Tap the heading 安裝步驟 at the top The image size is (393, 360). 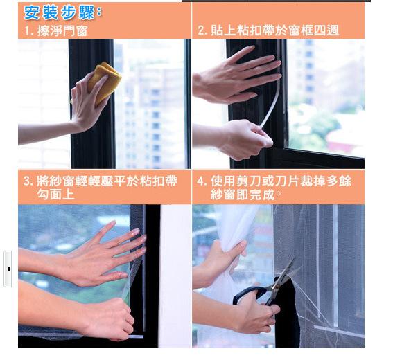click(x=63, y=12)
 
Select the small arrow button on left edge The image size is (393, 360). click(x=8, y=269)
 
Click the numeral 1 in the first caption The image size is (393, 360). click(x=26, y=32)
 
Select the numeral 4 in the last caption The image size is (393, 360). click(x=200, y=181)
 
